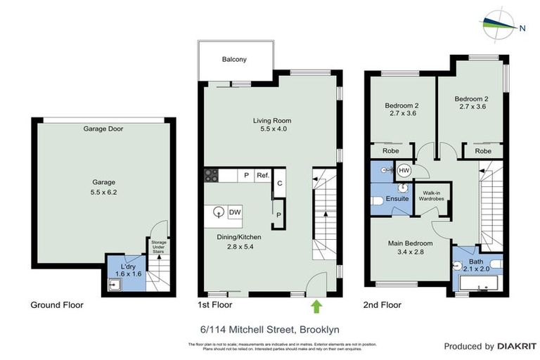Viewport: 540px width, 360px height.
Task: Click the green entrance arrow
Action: [x=316, y=306]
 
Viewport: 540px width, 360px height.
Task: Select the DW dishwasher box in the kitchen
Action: [x=235, y=212]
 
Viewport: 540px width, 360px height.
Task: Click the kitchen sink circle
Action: [x=219, y=212]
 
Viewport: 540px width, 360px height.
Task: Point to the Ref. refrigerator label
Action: [x=262, y=176]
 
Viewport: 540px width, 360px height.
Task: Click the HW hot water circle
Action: [x=404, y=170]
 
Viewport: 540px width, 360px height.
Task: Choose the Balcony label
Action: [x=234, y=60]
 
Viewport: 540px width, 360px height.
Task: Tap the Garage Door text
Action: [x=103, y=129]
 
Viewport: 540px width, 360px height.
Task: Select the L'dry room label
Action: [x=128, y=267]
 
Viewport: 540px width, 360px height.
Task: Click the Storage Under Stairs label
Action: [x=160, y=247]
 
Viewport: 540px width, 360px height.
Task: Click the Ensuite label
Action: [x=397, y=199]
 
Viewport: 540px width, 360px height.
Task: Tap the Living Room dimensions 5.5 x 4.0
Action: [x=271, y=129]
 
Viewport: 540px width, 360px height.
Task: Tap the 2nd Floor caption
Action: [x=382, y=305]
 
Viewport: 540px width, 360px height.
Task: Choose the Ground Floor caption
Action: [x=57, y=305]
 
